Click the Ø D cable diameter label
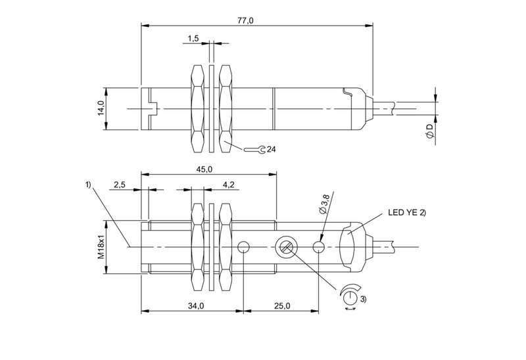pos(429,130)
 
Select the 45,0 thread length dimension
pos(204,169)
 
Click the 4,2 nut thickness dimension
pos(229,185)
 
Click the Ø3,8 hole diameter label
pos(324,204)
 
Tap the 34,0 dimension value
pos(195,305)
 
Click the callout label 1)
pos(88,185)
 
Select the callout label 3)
pos(364,299)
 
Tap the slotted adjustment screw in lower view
pos(286,247)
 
